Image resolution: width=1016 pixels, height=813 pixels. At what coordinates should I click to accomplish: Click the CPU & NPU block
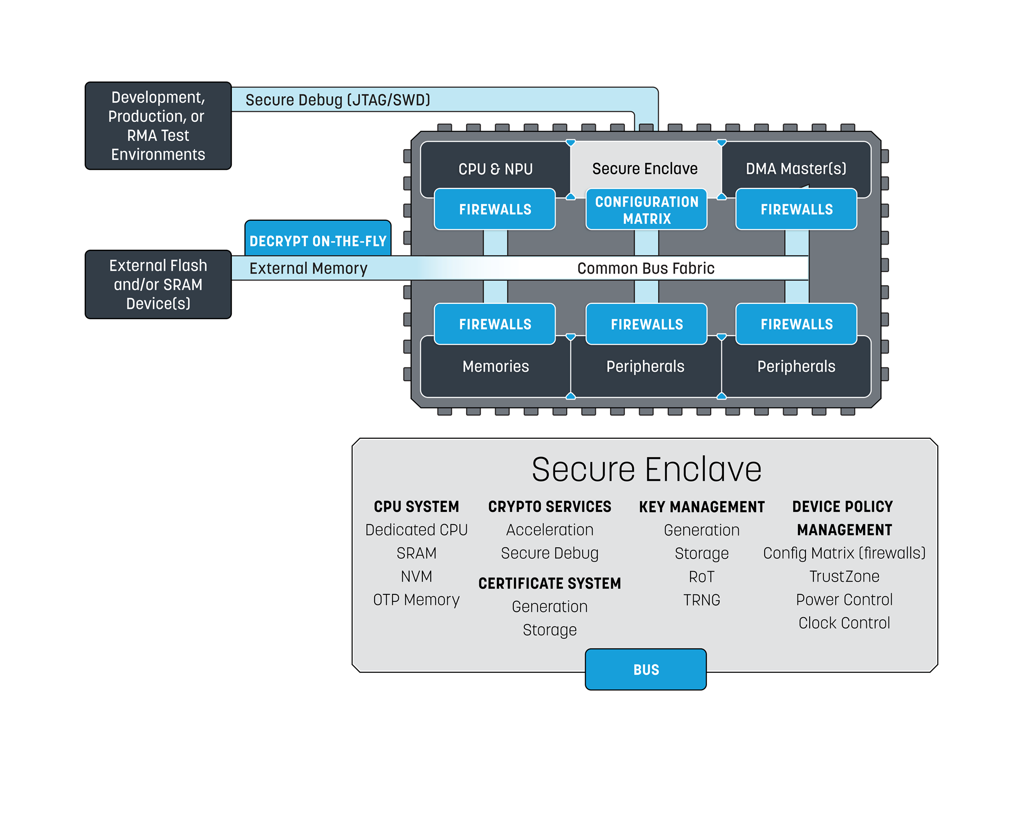point(495,169)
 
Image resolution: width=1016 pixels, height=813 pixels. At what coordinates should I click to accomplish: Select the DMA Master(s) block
point(796,169)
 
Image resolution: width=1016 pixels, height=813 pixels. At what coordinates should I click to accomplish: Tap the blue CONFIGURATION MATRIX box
point(646,210)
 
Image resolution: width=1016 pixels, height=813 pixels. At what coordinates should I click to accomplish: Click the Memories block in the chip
point(495,366)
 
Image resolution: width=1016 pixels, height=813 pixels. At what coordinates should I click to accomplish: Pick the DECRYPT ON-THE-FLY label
point(318,241)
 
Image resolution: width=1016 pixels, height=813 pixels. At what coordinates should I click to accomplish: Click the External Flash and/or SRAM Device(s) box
point(158,284)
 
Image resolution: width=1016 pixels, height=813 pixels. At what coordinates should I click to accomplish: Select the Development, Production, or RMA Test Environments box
point(158,126)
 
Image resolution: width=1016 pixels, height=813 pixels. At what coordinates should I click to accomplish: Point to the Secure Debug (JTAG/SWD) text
point(338,100)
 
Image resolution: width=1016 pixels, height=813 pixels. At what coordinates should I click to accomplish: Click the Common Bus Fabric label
point(646,268)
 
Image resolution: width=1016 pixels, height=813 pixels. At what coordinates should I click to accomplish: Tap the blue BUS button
point(646,670)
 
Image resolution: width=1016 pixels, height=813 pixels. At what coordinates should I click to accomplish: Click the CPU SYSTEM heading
point(416,507)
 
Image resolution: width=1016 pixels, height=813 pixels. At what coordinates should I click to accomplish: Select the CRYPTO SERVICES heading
point(549,507)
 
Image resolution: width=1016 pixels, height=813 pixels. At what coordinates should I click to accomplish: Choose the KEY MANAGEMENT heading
point(702,507)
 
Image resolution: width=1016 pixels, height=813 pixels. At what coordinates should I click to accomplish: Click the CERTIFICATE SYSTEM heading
point(549,583)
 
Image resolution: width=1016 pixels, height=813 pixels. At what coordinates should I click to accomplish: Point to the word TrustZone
point(844,576)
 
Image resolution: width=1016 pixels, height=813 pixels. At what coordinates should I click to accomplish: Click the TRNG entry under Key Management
point(702,600)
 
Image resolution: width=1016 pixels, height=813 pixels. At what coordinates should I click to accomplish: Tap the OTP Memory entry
point(416,600)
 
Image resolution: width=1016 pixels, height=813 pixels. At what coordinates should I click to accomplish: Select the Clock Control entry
point(844,623)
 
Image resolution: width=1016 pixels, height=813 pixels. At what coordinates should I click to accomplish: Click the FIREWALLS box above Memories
point(495,324)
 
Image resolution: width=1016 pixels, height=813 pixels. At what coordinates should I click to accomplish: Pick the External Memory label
point(308,268)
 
